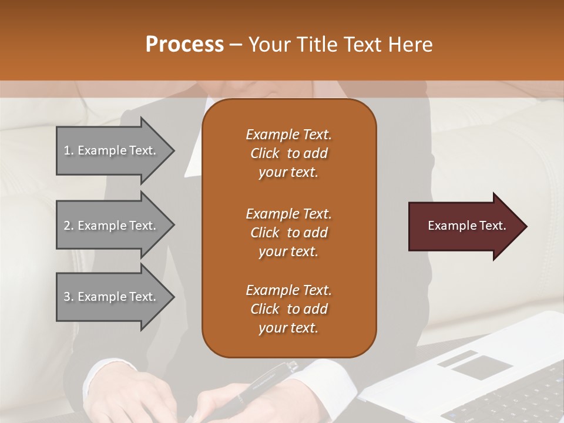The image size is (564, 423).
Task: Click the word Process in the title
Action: pos(184,45)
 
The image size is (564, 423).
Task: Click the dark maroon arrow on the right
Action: pos(464,226)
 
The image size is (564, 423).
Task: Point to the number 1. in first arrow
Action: pos(68,150)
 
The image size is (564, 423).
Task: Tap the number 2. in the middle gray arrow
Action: pos(68,226)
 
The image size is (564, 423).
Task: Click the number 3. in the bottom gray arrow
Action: pos(68,297)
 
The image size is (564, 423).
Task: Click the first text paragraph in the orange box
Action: pos(288,153)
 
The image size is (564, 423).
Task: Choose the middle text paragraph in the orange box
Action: pos(288,233)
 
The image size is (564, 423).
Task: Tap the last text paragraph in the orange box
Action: pos(288,309)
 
